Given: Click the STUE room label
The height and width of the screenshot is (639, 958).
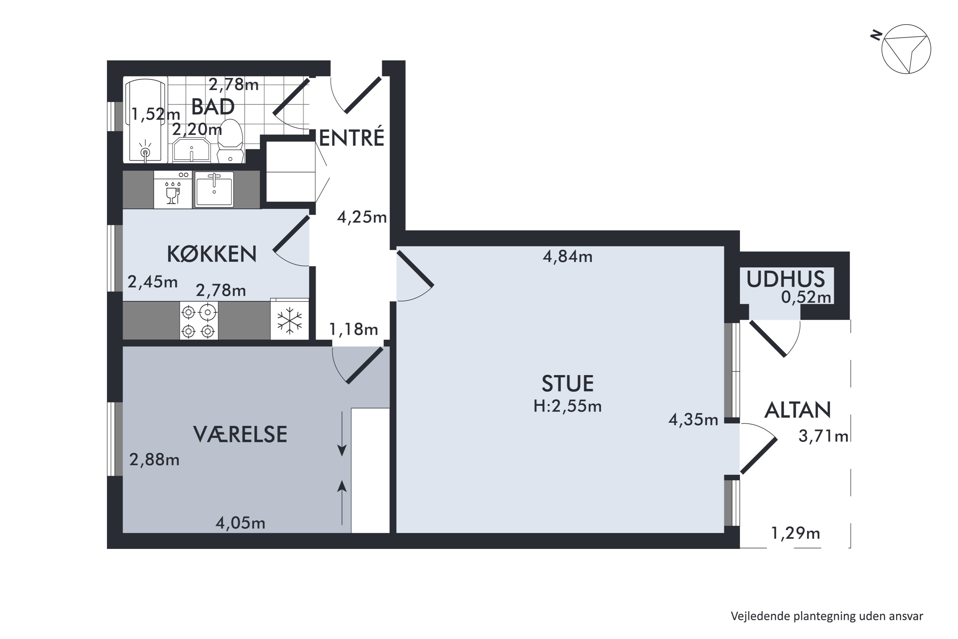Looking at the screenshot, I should [567, 383].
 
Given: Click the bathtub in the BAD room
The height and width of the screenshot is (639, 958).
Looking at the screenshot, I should [146, 120].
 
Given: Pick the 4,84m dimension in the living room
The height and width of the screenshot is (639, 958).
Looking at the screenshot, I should [567, 257].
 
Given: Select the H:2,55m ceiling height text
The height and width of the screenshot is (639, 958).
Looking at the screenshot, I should [567, 406].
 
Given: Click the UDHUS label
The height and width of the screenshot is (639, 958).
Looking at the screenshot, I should [785, 280].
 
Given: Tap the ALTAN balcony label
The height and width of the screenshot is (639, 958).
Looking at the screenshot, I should [797, 410].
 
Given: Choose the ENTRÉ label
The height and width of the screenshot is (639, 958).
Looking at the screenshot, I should [352, 138].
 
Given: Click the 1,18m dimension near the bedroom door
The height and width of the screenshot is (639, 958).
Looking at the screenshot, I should [354, 329].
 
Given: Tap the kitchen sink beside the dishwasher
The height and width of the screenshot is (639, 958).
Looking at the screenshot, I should [214, 190].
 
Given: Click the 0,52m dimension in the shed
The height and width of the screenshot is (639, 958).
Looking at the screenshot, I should [806, 297].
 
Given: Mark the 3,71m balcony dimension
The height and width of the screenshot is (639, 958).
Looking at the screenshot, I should [823, 436].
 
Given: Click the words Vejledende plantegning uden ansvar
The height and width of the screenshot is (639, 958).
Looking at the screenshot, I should [827, 616].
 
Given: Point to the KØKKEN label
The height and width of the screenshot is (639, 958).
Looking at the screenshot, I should [212, 254].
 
